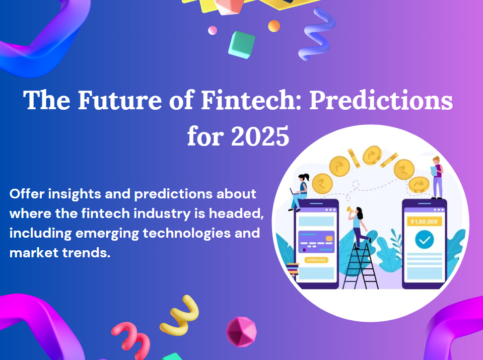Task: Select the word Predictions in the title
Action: (381, 100)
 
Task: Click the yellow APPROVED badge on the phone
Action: (316, 260)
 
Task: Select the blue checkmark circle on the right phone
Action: (424, 241)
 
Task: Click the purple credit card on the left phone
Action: (316, 242)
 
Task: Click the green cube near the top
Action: (241, 45)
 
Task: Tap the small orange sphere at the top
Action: (274, 26)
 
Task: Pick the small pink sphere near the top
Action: (213, 30)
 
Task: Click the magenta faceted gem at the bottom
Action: (241, 332)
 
